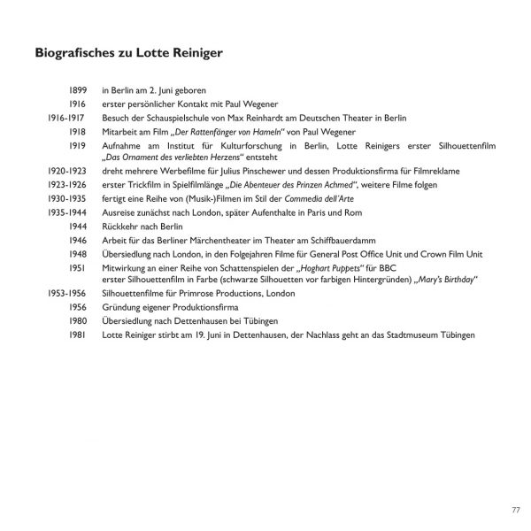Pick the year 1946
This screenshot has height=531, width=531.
pyautogui.click(x=78, y=240)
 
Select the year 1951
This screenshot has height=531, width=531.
pyautogui.click(x=78, y=267)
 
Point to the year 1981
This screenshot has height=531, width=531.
pyautogui.click(x=78, y=335)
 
